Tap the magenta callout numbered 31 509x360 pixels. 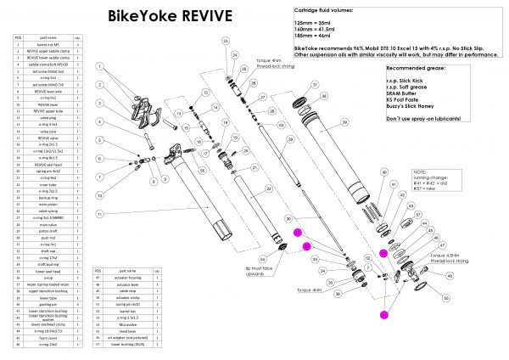tap(297, 232)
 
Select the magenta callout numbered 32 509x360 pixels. tap(307, 246)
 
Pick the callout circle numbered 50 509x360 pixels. tap(447, 298)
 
